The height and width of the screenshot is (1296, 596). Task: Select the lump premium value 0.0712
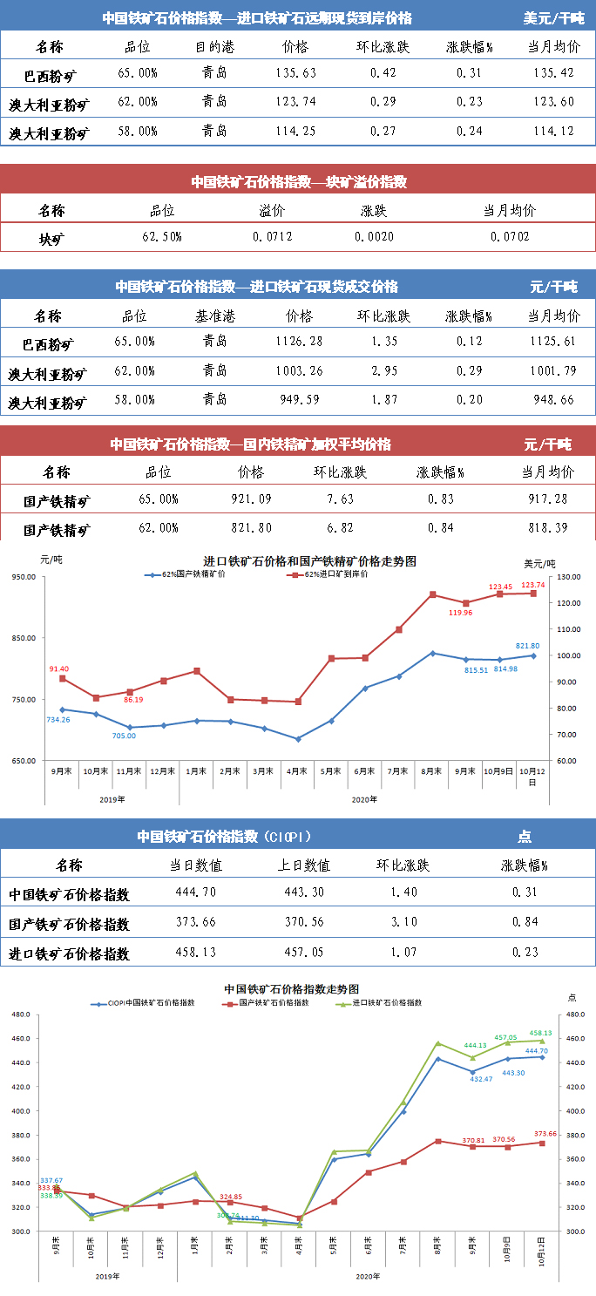[272, 236]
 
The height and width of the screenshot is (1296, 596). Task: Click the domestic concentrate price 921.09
[250, 499]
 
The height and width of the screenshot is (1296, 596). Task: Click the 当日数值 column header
[195, 865]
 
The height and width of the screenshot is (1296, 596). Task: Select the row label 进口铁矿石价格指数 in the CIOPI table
[69, 953]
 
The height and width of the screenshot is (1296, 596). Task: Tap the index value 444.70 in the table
[195, 892]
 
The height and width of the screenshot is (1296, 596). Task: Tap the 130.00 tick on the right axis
[569, 577]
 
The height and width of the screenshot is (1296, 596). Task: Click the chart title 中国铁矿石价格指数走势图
[292, 989]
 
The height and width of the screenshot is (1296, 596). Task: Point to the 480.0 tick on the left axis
[18, 1015]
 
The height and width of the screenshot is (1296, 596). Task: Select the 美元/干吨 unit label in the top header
[553, 17]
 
